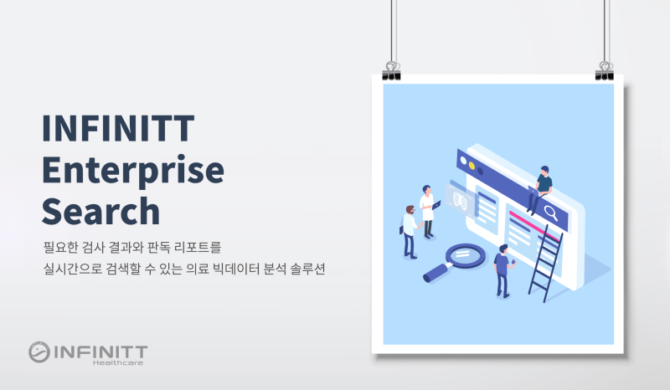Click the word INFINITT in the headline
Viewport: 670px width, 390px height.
118,128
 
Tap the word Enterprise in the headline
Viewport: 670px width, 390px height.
133,170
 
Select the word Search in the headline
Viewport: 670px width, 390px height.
100,210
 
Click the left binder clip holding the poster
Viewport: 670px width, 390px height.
391,70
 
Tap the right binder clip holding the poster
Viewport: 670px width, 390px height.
605,70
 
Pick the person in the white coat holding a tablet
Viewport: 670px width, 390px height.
428,210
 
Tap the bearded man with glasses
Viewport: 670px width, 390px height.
409,230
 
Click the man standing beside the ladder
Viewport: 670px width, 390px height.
502,269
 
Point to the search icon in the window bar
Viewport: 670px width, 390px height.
551,212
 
